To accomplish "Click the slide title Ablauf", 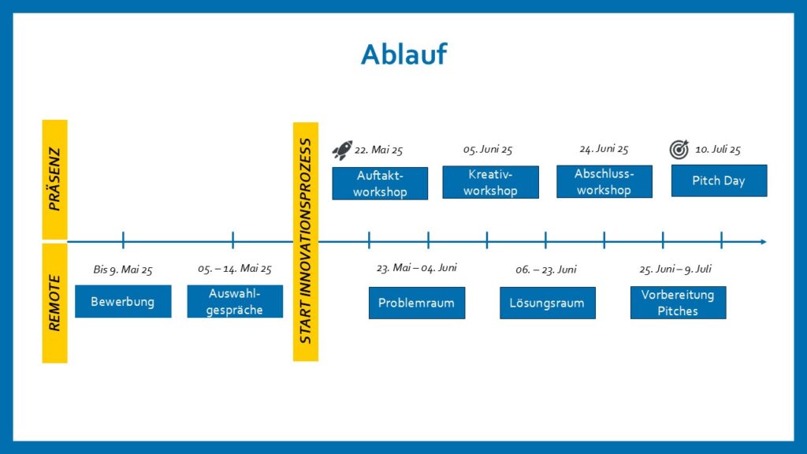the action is pos(403,54).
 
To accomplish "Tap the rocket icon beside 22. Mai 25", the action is pos(342,150).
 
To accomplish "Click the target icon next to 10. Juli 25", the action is pos(679,149).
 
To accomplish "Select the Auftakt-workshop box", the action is pos(380,183).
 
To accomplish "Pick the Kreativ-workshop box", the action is pos(490,182).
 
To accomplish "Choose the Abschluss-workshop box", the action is pos(604,182).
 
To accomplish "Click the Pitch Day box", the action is pos(719,180).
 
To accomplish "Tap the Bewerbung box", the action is pos(123,302).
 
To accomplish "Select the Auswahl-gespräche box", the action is pos(235,302).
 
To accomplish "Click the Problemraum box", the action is pos(417,303).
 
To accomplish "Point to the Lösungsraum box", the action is pos(548,303).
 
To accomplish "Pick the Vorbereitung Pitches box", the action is pos(679,303).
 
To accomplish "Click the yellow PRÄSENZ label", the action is pos(54,180).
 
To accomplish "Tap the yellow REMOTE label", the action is pos(54,303).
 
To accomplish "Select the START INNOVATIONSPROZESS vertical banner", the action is pos(306,242).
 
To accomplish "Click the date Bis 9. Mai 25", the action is pos(123,270).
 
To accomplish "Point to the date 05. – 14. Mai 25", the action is pos(235,269).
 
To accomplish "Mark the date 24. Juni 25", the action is pos(604,149).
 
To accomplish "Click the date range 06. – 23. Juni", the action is pos(546,270).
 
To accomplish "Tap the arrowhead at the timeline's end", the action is pos(764,242).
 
